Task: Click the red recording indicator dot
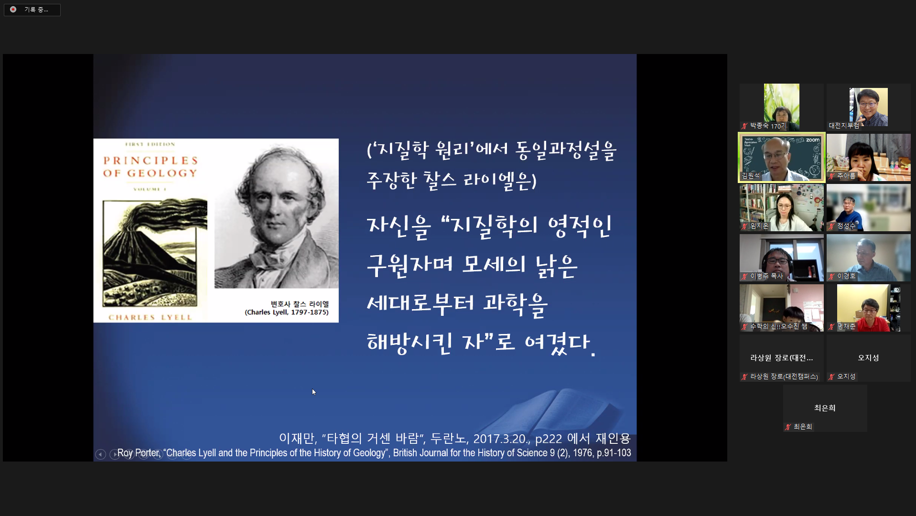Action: click(13, 10)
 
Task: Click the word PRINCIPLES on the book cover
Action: click(151, 161)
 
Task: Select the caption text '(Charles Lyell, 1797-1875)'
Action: click(286, 312)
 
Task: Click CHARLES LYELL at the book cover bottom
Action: click(150, 317)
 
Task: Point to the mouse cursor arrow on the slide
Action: click(313, 392)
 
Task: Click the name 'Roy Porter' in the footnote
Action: click(139, 453)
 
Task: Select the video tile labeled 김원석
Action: click(781, 157)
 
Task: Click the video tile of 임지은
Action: click(781, 208)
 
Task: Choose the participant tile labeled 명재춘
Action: click(868, 308)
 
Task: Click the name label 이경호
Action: click(846, 276)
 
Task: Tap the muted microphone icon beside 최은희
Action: click(788, 427)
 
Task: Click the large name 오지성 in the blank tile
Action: click(868, 358)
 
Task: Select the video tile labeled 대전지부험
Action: click(868, 107)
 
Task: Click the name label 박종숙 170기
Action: click(767, 126)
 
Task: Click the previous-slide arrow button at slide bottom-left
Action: click(100, 454)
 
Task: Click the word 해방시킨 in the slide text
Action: click(409, 342)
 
